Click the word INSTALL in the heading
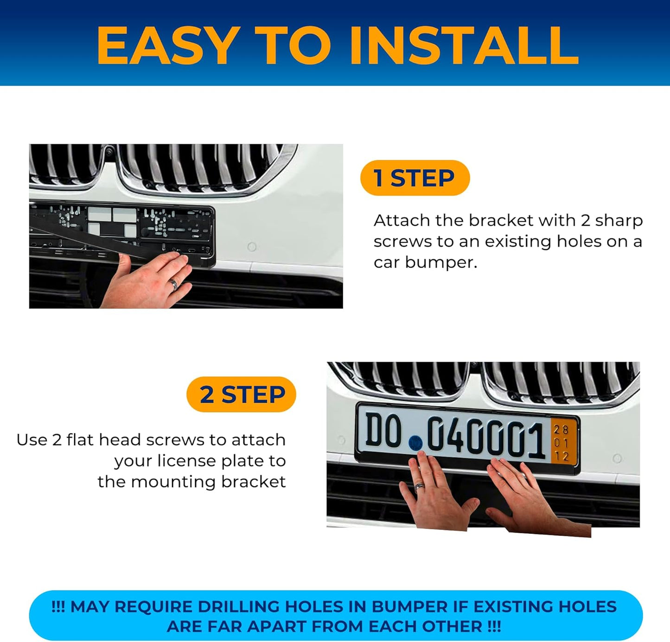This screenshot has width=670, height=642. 464,45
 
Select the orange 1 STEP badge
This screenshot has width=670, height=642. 415,178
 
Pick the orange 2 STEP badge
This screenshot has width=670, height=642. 242,394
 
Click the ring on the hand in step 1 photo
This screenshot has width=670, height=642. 174,284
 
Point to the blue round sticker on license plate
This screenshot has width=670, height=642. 415,443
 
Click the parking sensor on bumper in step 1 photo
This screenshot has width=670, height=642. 252,247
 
